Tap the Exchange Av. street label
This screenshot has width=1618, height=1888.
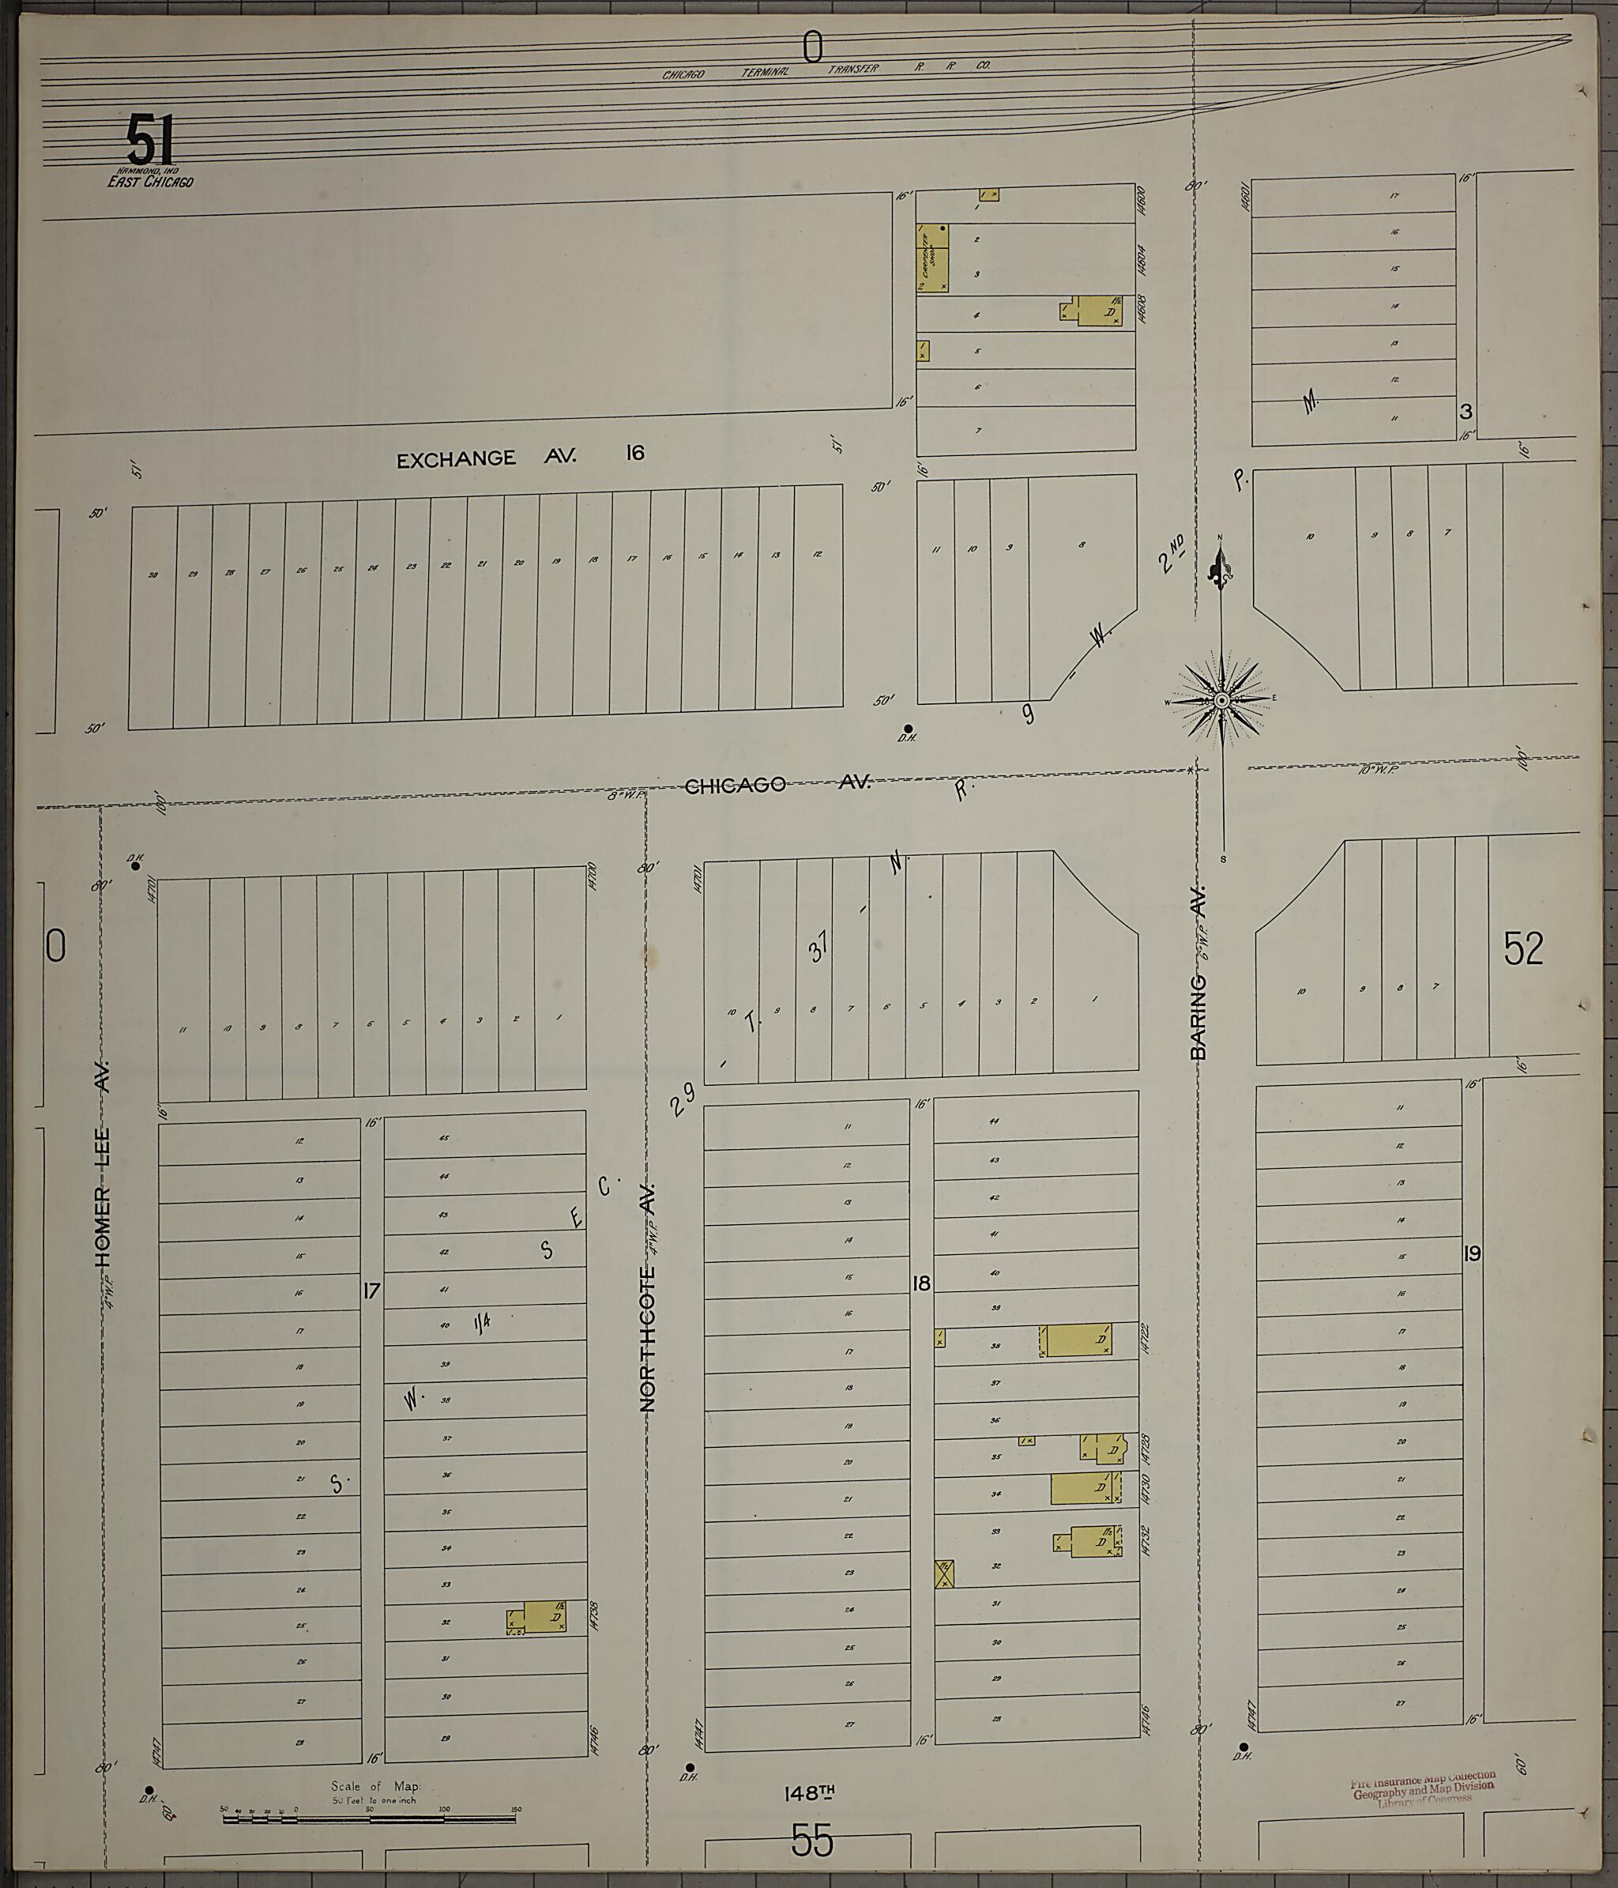pyautogui.click(x=487, y=458)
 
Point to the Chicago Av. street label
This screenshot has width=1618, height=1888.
pyautogui.click(x=777, y=784)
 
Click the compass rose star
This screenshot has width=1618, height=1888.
pyautogui.click(x=1221, y=699)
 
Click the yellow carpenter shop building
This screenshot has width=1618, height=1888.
pyautogui.click(x=932, y=258)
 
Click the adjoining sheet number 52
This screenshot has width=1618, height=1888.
pyautogui.click(x=1523, y=948)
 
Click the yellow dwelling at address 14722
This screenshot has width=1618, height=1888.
pyautogui.click(x=1078, y=1340)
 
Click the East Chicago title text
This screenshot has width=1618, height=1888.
pyautogui.click(x=149, y=181)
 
